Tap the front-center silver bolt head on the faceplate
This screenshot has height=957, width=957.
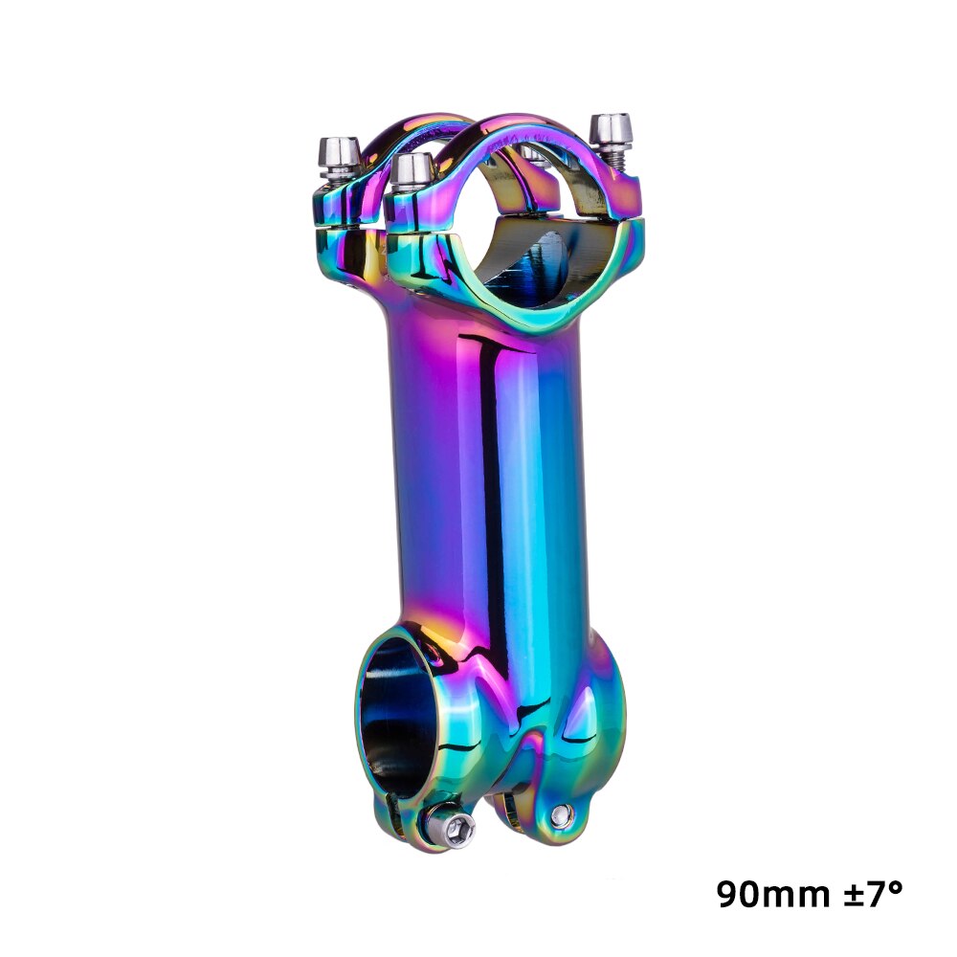(x=412, y=169)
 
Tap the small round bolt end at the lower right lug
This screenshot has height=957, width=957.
(x=562, y=815)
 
